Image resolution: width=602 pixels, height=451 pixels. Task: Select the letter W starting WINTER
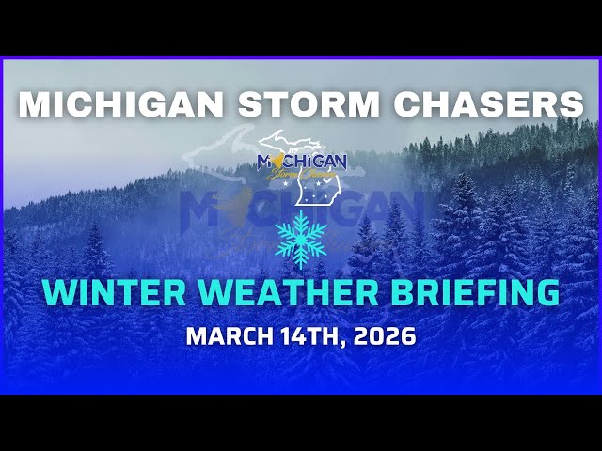click(60, 292)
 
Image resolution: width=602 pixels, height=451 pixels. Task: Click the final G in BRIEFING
click(547, 292)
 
